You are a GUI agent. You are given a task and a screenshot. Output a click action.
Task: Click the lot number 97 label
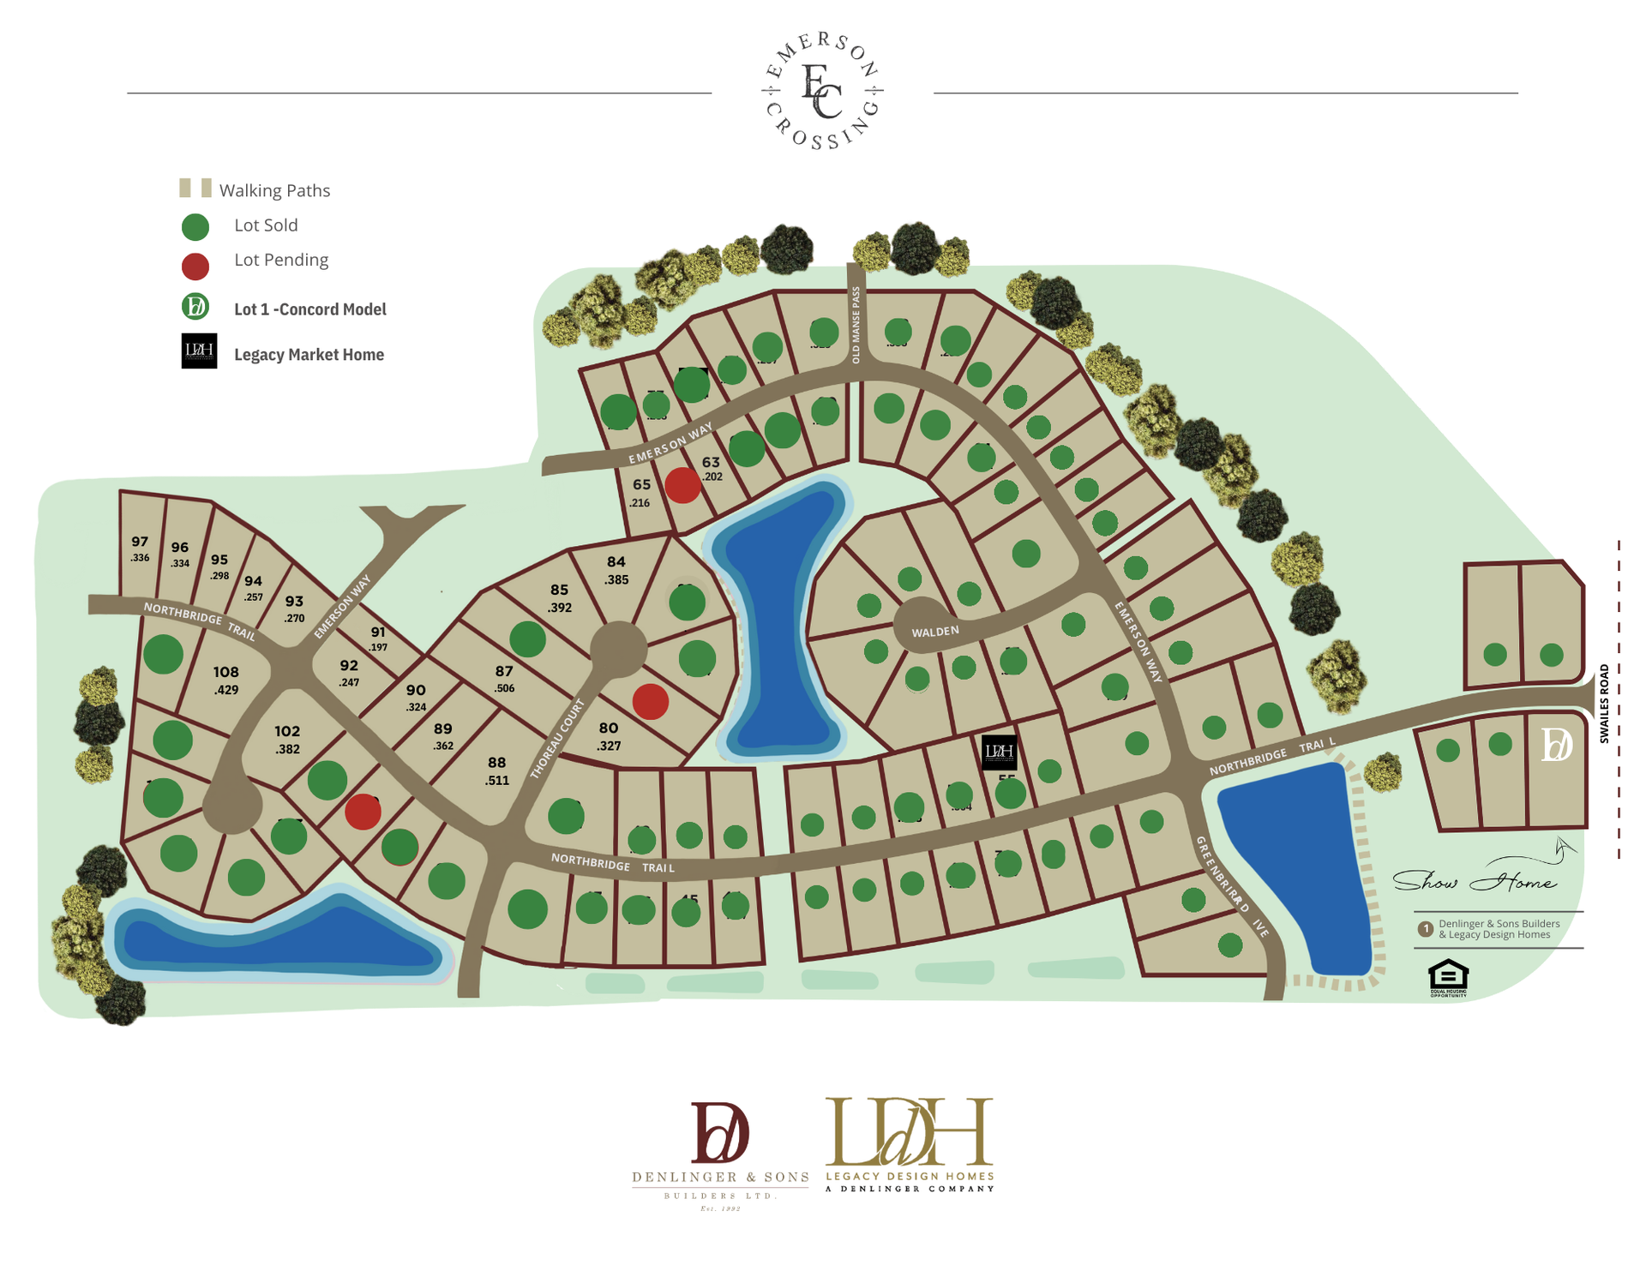[x=140, y=542]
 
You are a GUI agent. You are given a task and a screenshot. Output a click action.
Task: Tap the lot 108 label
[x=226, y=673]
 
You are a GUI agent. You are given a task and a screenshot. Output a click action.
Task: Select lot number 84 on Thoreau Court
[x=616, y=562]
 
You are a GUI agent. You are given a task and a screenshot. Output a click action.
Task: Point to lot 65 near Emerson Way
[x=641, y=484]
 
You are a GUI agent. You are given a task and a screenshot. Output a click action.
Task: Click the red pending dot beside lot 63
[x=683, y=486]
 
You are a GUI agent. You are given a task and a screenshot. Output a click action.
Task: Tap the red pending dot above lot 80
[x=651, y=701]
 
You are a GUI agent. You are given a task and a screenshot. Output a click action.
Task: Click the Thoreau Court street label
[x=558, y=738]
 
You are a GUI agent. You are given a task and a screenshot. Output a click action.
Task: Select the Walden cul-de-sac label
[x=934, y=632]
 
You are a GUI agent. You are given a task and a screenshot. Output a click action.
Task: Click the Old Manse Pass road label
[x=856, y=325]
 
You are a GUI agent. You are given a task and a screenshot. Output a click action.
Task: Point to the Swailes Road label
[x=1604, y=703]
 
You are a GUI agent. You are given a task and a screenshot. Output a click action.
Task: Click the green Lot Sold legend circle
[x=195, y=227]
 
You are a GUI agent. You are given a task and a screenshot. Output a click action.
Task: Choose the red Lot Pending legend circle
[x=195, y=267]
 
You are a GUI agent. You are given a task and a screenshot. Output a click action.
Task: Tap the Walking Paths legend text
[x=274, y=190]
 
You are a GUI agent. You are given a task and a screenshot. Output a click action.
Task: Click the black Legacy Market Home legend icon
[x=199, y=351]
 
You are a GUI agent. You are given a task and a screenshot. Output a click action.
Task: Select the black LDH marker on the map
[x=999, y=752]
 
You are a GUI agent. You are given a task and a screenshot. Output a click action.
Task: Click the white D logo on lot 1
[x=1556, y=745]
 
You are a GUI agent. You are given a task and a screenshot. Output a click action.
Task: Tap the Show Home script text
[x=1475, y=881]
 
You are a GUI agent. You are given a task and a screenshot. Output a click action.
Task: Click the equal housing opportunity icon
[x=1448, y=977]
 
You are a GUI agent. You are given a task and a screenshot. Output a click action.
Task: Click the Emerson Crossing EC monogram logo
[x=822, y=92]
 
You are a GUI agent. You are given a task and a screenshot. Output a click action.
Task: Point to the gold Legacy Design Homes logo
[x=910, y=1143]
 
